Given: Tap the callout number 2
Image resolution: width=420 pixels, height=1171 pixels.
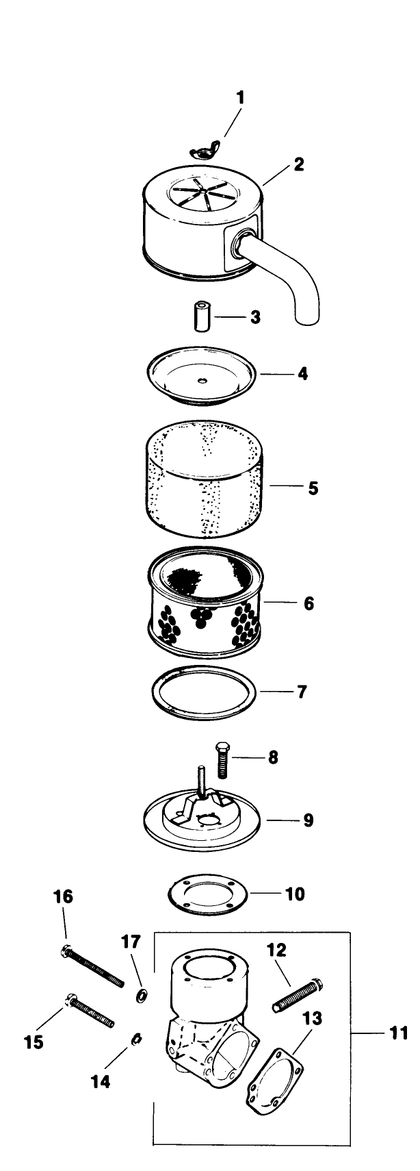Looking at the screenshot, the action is click(x=298, y=164).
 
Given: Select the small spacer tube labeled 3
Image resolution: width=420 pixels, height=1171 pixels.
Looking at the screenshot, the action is click(x=201, y=316).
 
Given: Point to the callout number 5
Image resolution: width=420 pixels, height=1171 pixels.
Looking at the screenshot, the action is click(x=313, y=488).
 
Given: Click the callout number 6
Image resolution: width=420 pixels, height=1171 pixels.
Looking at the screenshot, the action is click(x=309, y=603).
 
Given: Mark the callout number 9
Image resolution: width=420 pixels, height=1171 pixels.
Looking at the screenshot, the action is click(x=309, y=820).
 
